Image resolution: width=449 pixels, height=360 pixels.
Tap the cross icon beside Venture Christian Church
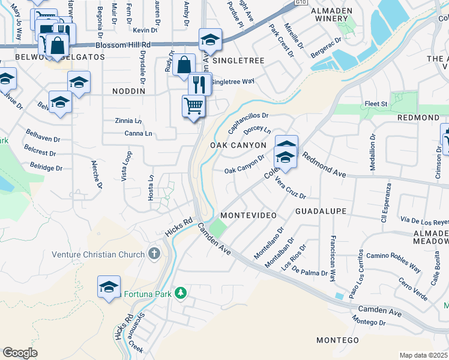point(154,253)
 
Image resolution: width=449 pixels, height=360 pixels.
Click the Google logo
point(20,353)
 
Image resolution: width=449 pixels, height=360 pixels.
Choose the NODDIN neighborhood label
point(129,91)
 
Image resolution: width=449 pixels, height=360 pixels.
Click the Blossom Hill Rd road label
point(125,45)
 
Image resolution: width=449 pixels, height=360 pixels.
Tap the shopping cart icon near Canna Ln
point(193,106)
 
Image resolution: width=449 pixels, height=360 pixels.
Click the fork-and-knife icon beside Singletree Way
point(200,83)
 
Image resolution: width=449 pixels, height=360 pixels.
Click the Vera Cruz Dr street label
point(291,188)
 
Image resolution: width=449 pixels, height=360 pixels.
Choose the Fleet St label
point(376,104)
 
